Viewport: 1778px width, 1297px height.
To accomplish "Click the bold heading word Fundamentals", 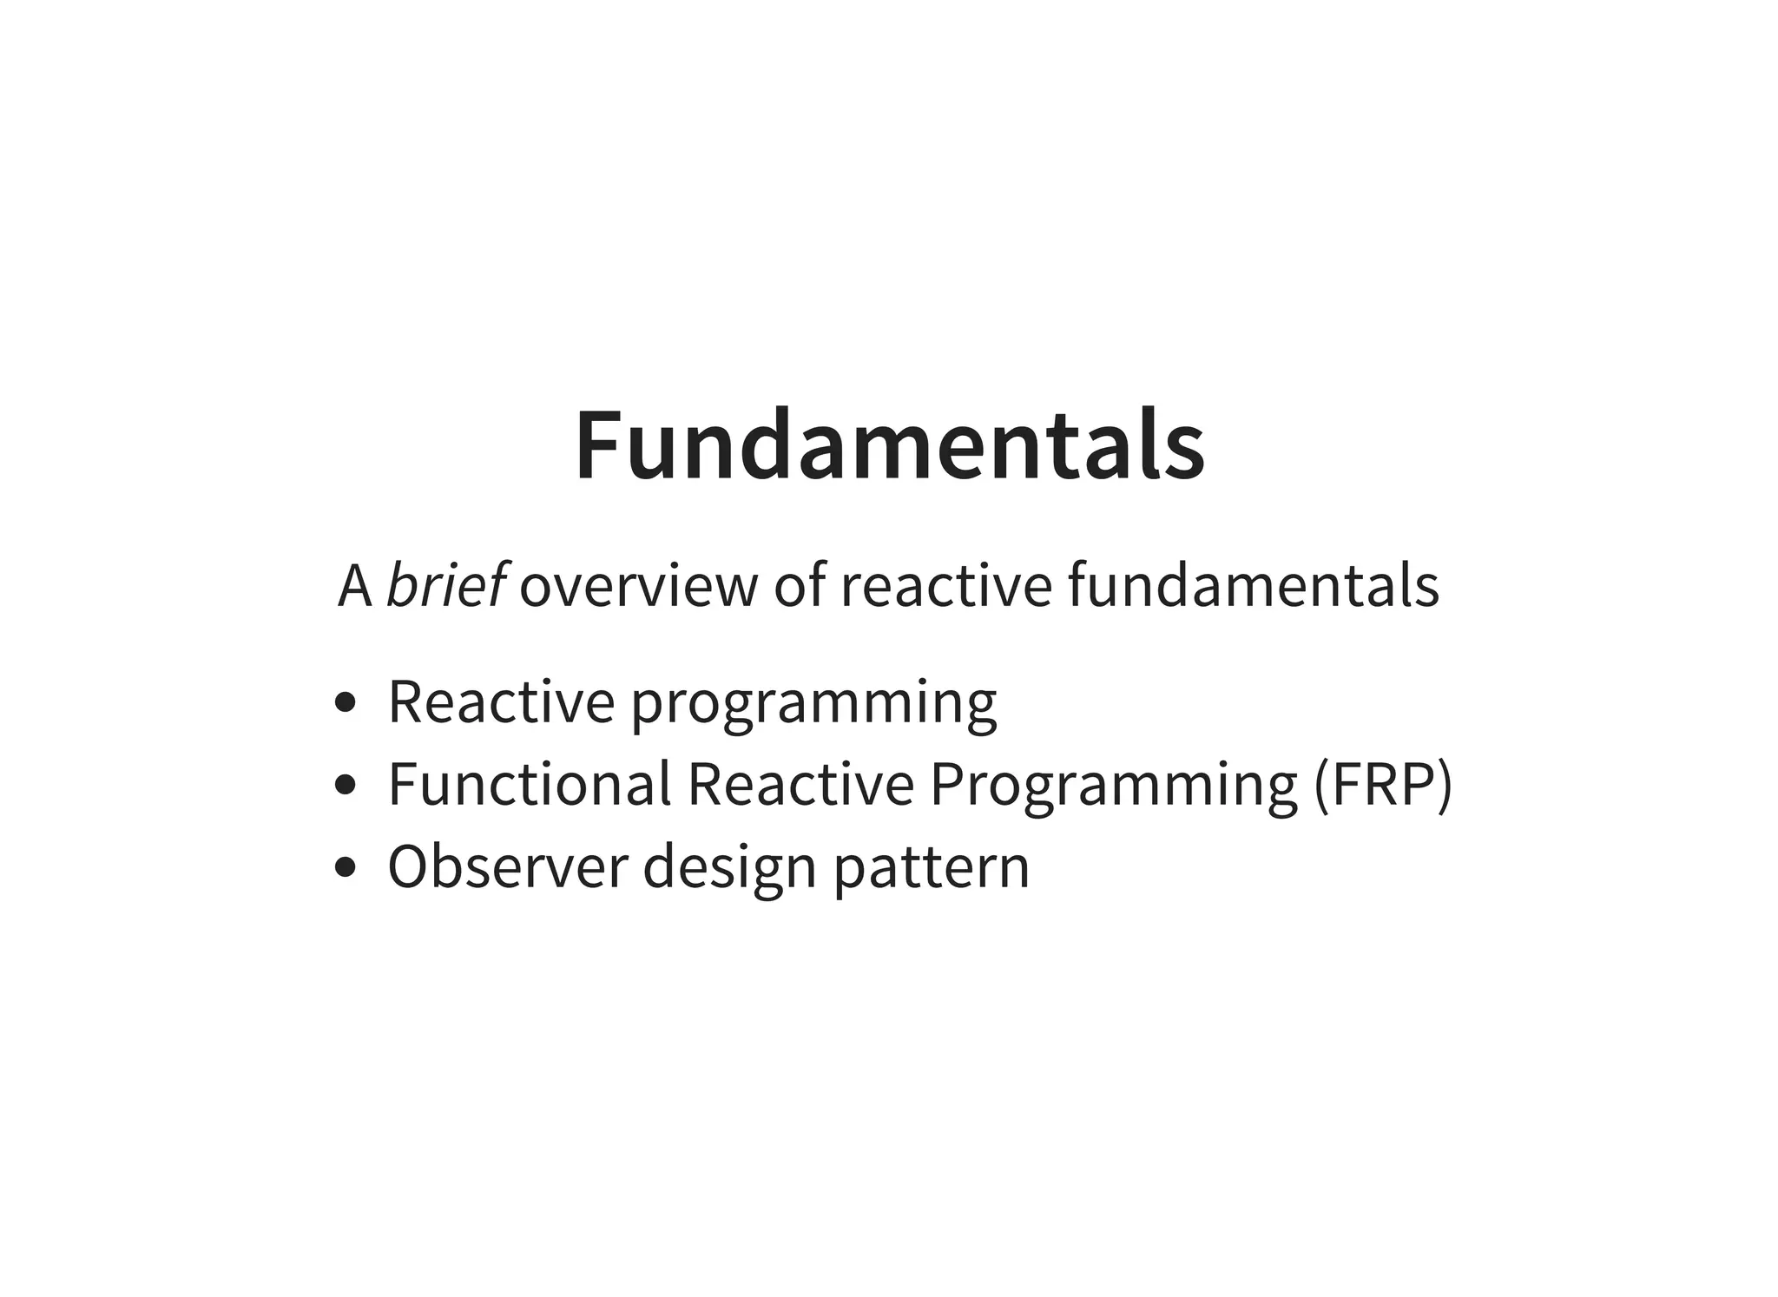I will click(889, 445).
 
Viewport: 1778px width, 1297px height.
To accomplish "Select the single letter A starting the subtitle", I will click(355, 586).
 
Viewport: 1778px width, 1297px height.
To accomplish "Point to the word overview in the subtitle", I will click(639, 586).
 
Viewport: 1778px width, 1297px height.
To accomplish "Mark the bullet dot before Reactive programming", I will click(345, 703).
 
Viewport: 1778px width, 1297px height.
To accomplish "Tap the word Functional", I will click(530, 784).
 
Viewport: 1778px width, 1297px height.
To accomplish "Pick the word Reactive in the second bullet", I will click(800, 784).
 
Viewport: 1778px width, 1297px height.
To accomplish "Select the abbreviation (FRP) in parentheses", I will click(1382, 785).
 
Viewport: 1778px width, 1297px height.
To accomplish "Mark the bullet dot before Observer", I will click(345, 867).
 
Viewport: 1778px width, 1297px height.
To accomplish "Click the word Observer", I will click(508, 866).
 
